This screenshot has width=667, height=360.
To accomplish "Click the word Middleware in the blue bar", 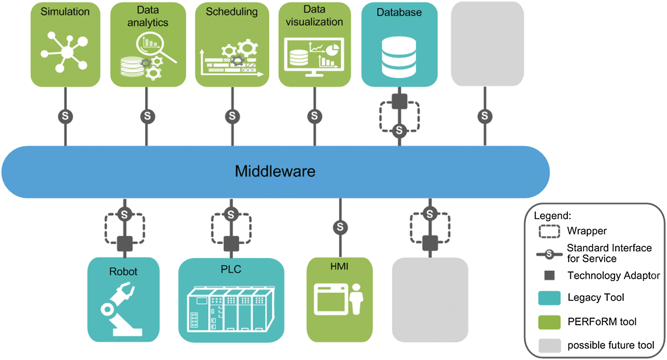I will click(x=275, y=172).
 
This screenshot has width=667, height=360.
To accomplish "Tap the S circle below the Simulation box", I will click(x=65, y=116).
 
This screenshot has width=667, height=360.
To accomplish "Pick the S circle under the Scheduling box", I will click(x=232, y=116).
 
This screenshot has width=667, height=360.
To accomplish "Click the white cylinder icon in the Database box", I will click(x=399, y=57).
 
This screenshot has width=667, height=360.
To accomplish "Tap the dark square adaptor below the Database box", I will click(x=399, y=101).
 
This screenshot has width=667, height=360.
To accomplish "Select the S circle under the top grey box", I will click(x=485, y=116).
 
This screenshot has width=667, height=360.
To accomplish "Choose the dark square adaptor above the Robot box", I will click(x=125, y=244).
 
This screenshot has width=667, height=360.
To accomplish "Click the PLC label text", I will click(x=231, y=269).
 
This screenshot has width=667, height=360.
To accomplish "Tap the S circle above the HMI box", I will click(x=340, y=227).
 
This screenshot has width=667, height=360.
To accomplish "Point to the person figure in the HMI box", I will click(x=356, y=299).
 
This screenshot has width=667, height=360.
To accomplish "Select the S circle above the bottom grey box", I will click(x=430, y=214).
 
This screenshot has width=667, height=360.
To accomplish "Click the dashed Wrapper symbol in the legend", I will click(x=549, y=231).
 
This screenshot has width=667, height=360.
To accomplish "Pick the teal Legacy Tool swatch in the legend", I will click(x=549, y=298).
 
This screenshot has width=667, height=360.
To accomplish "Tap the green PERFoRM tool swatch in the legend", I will click(x=549, y=322).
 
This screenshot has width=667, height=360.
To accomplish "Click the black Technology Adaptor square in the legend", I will click(x=550, y=275).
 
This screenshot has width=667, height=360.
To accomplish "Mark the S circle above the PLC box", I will click(x=231, y=215).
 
